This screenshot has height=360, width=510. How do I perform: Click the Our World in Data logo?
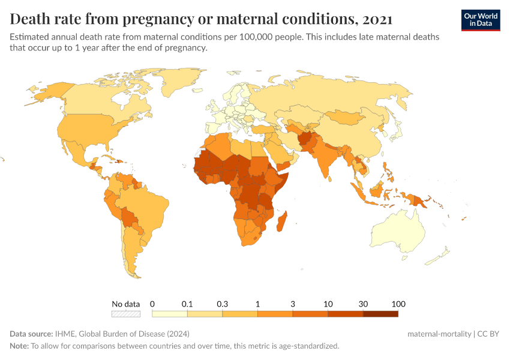coord(481,20)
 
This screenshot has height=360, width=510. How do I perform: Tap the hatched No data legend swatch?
coord(126,313)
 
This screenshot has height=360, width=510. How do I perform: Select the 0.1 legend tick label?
coord(187,304)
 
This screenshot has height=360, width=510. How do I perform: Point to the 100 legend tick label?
coord(398,304)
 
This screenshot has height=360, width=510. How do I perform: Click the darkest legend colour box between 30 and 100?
coord(380,313)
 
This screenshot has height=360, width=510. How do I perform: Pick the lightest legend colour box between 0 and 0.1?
coord(170,313)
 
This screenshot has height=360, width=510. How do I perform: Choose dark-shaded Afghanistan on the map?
coord(305,139)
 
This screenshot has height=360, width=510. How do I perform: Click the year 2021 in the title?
coord(377,19)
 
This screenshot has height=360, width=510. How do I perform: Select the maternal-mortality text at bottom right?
coord(439,334)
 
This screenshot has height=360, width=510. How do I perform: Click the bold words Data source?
coord(31,334)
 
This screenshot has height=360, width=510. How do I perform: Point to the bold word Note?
coord(19,346)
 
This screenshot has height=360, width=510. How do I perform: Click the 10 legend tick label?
coord(328,304)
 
